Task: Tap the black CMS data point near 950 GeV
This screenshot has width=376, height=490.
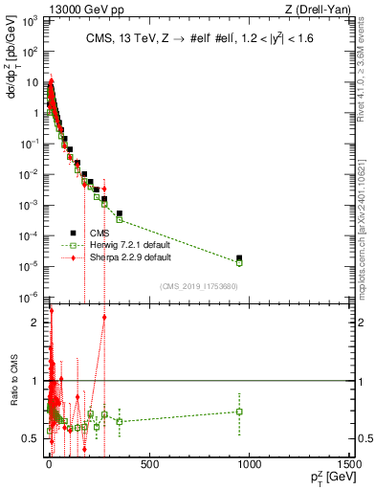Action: coord(239,257)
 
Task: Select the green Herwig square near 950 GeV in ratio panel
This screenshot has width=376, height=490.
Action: coord(239,412)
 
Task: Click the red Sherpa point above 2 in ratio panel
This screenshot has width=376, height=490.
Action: coord(104,317)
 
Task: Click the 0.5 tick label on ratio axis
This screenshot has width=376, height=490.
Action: coord(32,438)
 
